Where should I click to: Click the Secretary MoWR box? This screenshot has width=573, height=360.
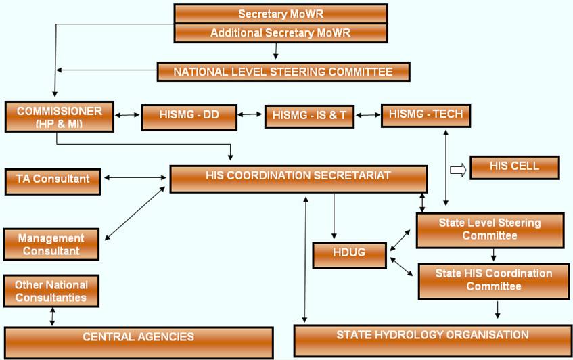point(281,14)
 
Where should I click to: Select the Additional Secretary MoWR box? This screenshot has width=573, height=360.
point(281,32)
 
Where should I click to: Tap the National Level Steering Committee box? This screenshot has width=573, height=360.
point(283,72)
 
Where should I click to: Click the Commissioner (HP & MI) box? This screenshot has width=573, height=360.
point(60,116)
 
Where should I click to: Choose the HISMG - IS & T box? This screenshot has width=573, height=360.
point(309,116)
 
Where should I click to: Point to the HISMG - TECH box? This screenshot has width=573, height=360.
point(426,114)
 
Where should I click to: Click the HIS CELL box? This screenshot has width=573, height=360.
point(514,167)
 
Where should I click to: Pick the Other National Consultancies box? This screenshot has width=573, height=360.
point(51,291)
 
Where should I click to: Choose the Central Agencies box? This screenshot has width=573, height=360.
point(139,337)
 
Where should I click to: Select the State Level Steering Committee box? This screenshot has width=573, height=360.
point(489,230)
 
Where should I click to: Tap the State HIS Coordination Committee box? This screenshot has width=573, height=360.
point(493,280)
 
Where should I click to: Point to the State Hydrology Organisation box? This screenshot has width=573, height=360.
point(432,336)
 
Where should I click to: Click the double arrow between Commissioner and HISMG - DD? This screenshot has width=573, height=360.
point(127,115)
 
